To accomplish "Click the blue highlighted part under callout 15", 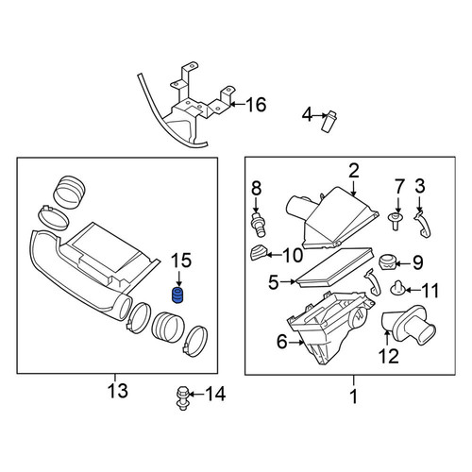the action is tap(177, 295).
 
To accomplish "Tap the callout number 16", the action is tap(256, 105).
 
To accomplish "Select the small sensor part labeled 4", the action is tap(329, 122).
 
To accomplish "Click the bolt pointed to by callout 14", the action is tap(180, 398).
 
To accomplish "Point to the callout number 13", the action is tap(118, 391).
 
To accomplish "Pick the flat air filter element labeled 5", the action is tap(335, 267).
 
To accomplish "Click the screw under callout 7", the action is tap(396, 221).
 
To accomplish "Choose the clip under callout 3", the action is tap(422, 225).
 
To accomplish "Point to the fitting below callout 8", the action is tap(258, 225).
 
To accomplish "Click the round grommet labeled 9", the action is tap(388, 261).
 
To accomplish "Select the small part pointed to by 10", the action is tap(259, 252).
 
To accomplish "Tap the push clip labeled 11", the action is tap(398, 289).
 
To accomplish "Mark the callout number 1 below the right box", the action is tap(354, 396).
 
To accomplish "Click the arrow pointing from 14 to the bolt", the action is tap(195, 394).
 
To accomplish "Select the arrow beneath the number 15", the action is tap(178, 278).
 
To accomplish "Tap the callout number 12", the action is tap(388, 356).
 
